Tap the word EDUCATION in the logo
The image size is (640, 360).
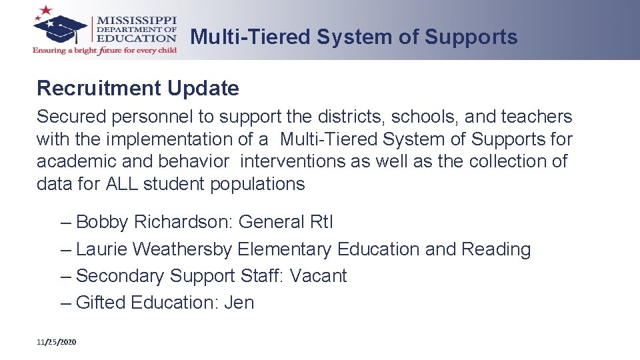[x=137, y=37]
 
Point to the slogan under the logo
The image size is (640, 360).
[x=105, y=51]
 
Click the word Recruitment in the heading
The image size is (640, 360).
[x=99, y=88]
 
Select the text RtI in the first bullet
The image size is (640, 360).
[x=322, y=222]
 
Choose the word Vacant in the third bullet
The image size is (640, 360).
[x=319, y=276]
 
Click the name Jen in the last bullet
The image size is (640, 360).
[x=239, y=303]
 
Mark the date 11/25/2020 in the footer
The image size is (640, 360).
[x=57, y=342]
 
